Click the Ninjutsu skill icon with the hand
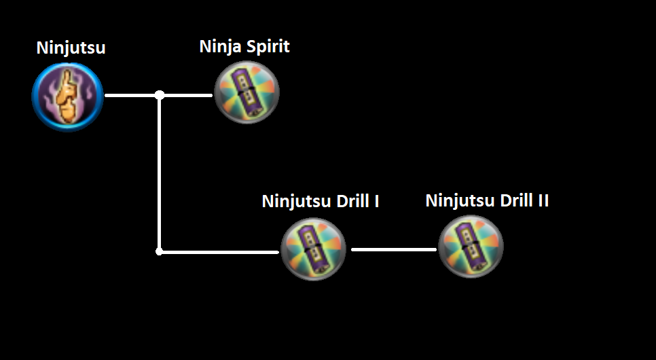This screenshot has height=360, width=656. coord(68,96)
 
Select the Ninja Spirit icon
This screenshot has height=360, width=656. coord(247,92)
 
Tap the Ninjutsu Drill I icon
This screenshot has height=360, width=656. coord(314,249)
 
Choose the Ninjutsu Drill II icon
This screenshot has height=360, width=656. coord(470,247)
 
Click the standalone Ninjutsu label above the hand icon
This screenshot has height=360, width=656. coord(71,48)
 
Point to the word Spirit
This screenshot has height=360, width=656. coord(266,48)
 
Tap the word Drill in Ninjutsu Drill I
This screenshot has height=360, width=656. coord(351,202)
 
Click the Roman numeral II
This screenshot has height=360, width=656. coord(543,201)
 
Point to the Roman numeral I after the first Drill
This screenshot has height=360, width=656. coord(376,202)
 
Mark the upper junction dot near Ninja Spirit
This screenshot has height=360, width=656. coord(160,95)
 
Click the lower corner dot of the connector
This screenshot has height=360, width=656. coord(160,251)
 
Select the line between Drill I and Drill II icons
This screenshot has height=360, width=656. coord(393,249)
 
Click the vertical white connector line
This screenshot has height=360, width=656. coord(160,173)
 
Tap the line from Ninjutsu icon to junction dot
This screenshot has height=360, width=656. coord(130,95)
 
